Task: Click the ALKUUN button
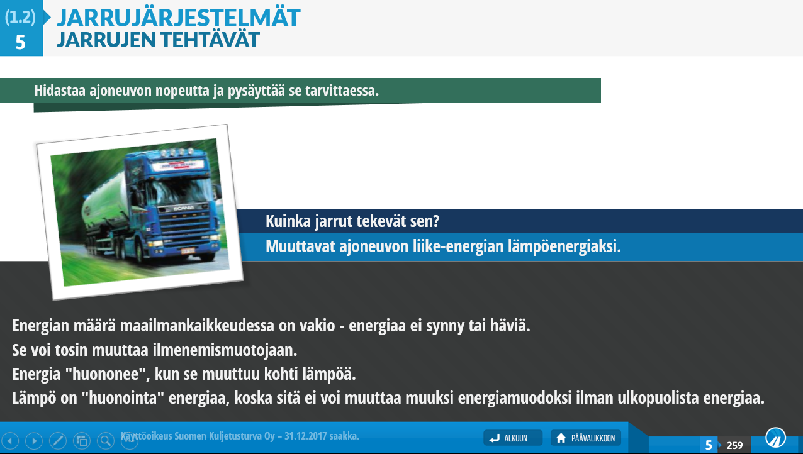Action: tap(513, 438)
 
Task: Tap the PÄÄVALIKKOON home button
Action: tap(586, 438)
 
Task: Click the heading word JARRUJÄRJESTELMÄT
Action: tap(179, 18)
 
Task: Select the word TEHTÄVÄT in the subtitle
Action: tap(210, 40)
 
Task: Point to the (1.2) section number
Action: tap(20, 16)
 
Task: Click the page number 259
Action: tap(734, 445)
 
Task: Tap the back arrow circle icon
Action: tap(11, 440)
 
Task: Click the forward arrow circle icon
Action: tap(34, 440)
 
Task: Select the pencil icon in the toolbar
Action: tap(58, 440)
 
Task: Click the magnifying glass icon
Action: tap(106, 440)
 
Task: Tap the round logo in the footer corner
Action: tap(775, 438)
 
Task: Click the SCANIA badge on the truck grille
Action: tap(184, 208)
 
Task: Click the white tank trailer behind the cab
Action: tap(104, 201)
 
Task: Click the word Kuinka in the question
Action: tap(288, 221)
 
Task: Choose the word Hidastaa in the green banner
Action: tap(60, 91)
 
